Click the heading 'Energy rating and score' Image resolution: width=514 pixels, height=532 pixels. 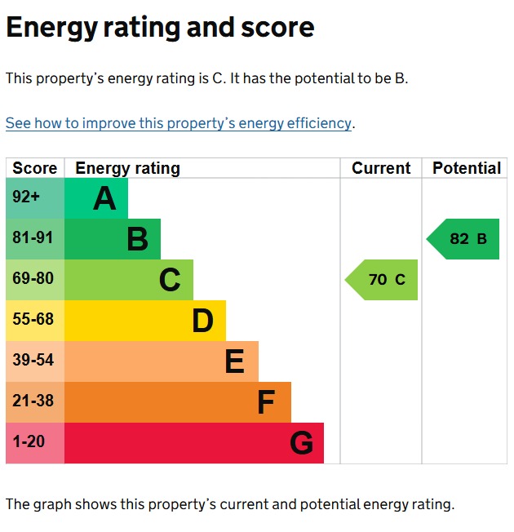pos(160,28)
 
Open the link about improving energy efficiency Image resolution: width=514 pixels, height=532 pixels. pos(179,123)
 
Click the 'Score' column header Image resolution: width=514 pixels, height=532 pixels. pos(35,168)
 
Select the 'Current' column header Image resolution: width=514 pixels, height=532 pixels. pos(381,168)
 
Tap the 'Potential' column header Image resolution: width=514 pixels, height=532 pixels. pos(467,168)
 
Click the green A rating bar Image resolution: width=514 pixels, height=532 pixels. pos(96,198)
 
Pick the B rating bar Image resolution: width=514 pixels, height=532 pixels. pos(113,239)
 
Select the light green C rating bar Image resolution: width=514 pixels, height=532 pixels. pos(129,280)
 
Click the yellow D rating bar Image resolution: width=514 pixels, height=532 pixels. pos(145,321)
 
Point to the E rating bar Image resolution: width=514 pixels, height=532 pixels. pos(162,361)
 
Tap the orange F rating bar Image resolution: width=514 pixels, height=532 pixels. pos(177,401)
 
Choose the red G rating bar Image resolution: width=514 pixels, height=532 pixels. pos(193,443)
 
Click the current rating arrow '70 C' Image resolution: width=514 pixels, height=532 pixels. pos(381,280)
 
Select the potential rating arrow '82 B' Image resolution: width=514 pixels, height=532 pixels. pos(463,239)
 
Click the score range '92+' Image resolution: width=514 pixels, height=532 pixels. pos(26,197)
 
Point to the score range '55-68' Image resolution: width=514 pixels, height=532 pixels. pos(33,319)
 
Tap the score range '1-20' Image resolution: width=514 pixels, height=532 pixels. pos(29,441)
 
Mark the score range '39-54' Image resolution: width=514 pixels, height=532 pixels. pos(33,360)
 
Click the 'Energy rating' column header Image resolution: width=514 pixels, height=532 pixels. pos(127,168)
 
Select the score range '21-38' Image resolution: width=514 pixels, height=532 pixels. pos(33,401)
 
